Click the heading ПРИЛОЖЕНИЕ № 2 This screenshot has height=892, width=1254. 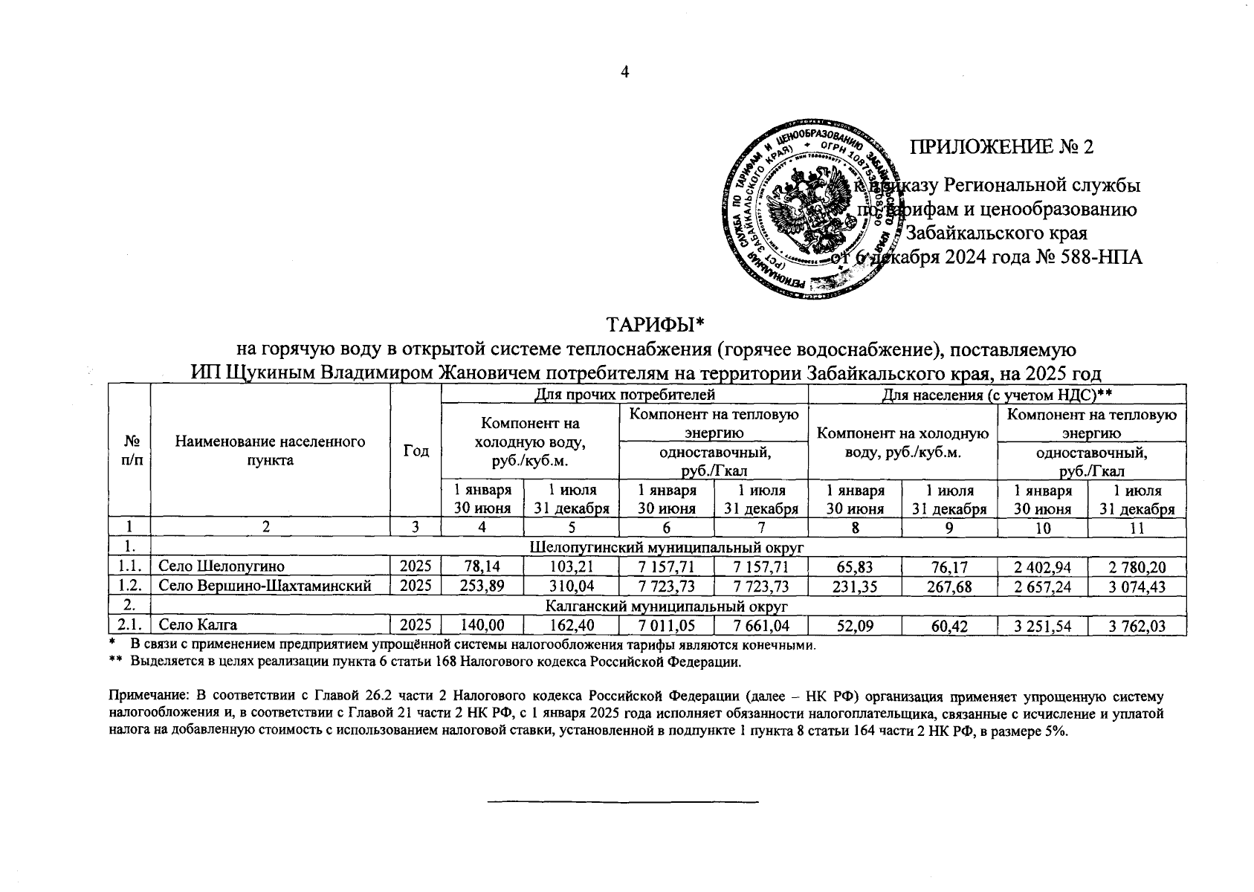(1003, 146)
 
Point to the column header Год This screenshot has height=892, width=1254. (416, 451)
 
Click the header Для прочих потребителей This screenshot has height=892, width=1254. (624, 394)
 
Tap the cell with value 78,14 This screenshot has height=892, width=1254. (482, 567)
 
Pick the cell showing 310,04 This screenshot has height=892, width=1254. (571, 586)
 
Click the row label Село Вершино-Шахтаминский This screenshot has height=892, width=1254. (265, 586)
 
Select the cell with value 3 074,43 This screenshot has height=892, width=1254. (1136, 586)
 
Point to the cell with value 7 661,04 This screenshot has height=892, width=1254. (760, 626)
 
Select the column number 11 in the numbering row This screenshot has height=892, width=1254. (1136, 528)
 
